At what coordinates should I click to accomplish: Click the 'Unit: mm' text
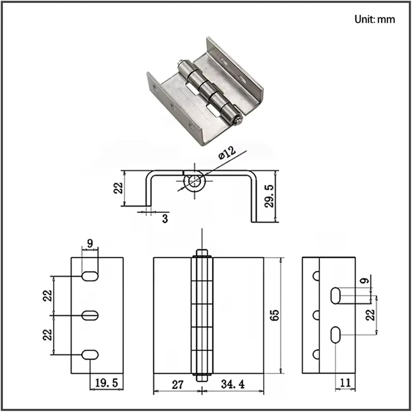point(374,20)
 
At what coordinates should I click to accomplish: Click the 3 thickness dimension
point(165,219)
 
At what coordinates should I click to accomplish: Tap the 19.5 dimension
point(106,383)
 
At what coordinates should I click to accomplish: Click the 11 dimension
point(345,383)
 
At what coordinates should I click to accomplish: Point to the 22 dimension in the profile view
point(118,188)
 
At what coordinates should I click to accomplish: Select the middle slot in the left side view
point(90,315)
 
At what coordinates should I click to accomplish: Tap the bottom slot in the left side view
point(90,355)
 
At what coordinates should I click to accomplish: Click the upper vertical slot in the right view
point(335,296)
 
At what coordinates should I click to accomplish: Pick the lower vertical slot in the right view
point(335,335)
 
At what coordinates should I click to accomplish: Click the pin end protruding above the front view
point(202,252)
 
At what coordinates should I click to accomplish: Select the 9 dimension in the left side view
point(90,243)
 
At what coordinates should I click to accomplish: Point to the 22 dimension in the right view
point(370,315)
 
